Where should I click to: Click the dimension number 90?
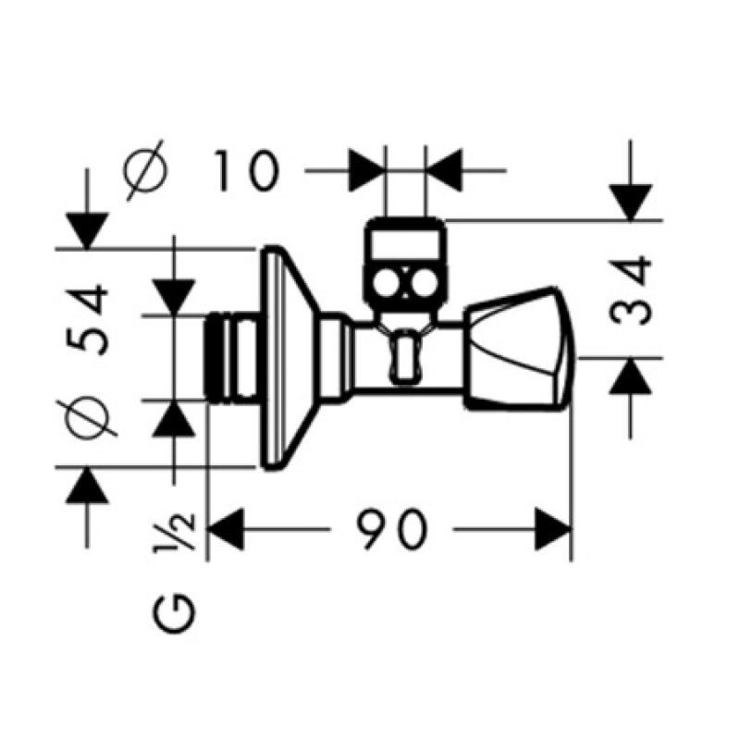pos(391,528)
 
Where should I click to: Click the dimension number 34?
pos(630,291)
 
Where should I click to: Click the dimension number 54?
pos(88,319)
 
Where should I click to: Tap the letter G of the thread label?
pos(175,613)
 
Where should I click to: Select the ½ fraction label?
pos(174,531)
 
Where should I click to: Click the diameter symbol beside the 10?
pos(146,170)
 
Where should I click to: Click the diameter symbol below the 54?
pos(87,418)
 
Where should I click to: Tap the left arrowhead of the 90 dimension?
pos(225,529)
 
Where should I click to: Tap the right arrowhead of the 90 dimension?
pos(553,529)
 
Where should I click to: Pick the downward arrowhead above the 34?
pos(631,203)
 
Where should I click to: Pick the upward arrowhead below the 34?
pos(631,376)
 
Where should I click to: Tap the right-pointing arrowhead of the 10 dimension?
pos(365,170)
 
